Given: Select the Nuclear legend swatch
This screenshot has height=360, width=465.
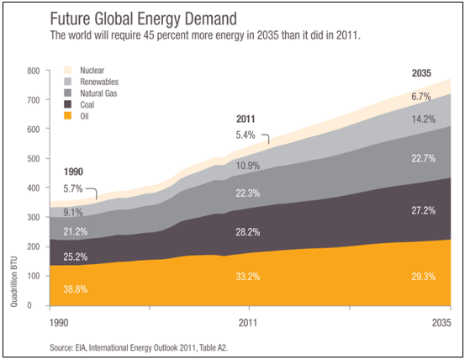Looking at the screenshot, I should [68, 71].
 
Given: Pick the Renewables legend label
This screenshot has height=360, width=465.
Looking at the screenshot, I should [99, 82].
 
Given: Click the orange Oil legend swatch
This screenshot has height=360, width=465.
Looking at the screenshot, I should [68, 117].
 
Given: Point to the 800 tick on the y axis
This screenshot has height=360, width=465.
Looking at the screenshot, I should [34, 71].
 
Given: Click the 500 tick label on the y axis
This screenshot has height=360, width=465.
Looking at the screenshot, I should [34, 159].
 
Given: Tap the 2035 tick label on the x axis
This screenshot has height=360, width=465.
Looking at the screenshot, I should [441, 322].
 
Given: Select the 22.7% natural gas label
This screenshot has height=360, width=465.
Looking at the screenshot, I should [423, 157].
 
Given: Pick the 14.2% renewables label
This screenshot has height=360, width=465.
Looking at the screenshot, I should [423, 119].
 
